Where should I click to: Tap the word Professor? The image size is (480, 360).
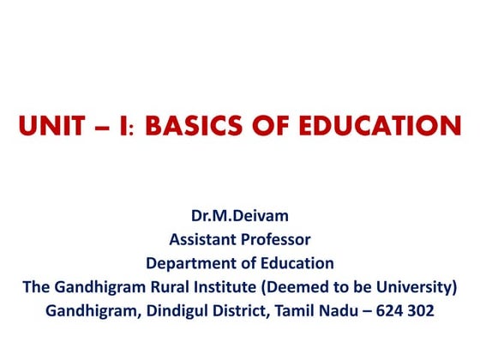276,239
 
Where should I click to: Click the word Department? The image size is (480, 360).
187,263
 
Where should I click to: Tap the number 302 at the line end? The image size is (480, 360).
422,311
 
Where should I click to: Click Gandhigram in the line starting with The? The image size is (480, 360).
96,287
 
